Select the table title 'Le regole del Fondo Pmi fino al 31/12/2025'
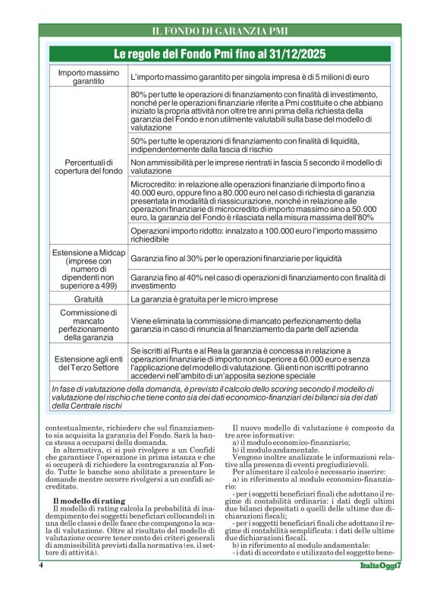pyautogui.click(x=219, y=54)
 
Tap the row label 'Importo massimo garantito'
pyautogui.click(x=84, y=77)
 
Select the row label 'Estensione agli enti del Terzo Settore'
pyautogui.click(x=84, y=362)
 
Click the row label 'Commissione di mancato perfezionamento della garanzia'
pyautogui.click(x=84, y=326)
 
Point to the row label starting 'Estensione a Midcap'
pyautogui.click(x=84, y=269)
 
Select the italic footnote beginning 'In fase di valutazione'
pyautogui.click(x=219, y=397)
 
